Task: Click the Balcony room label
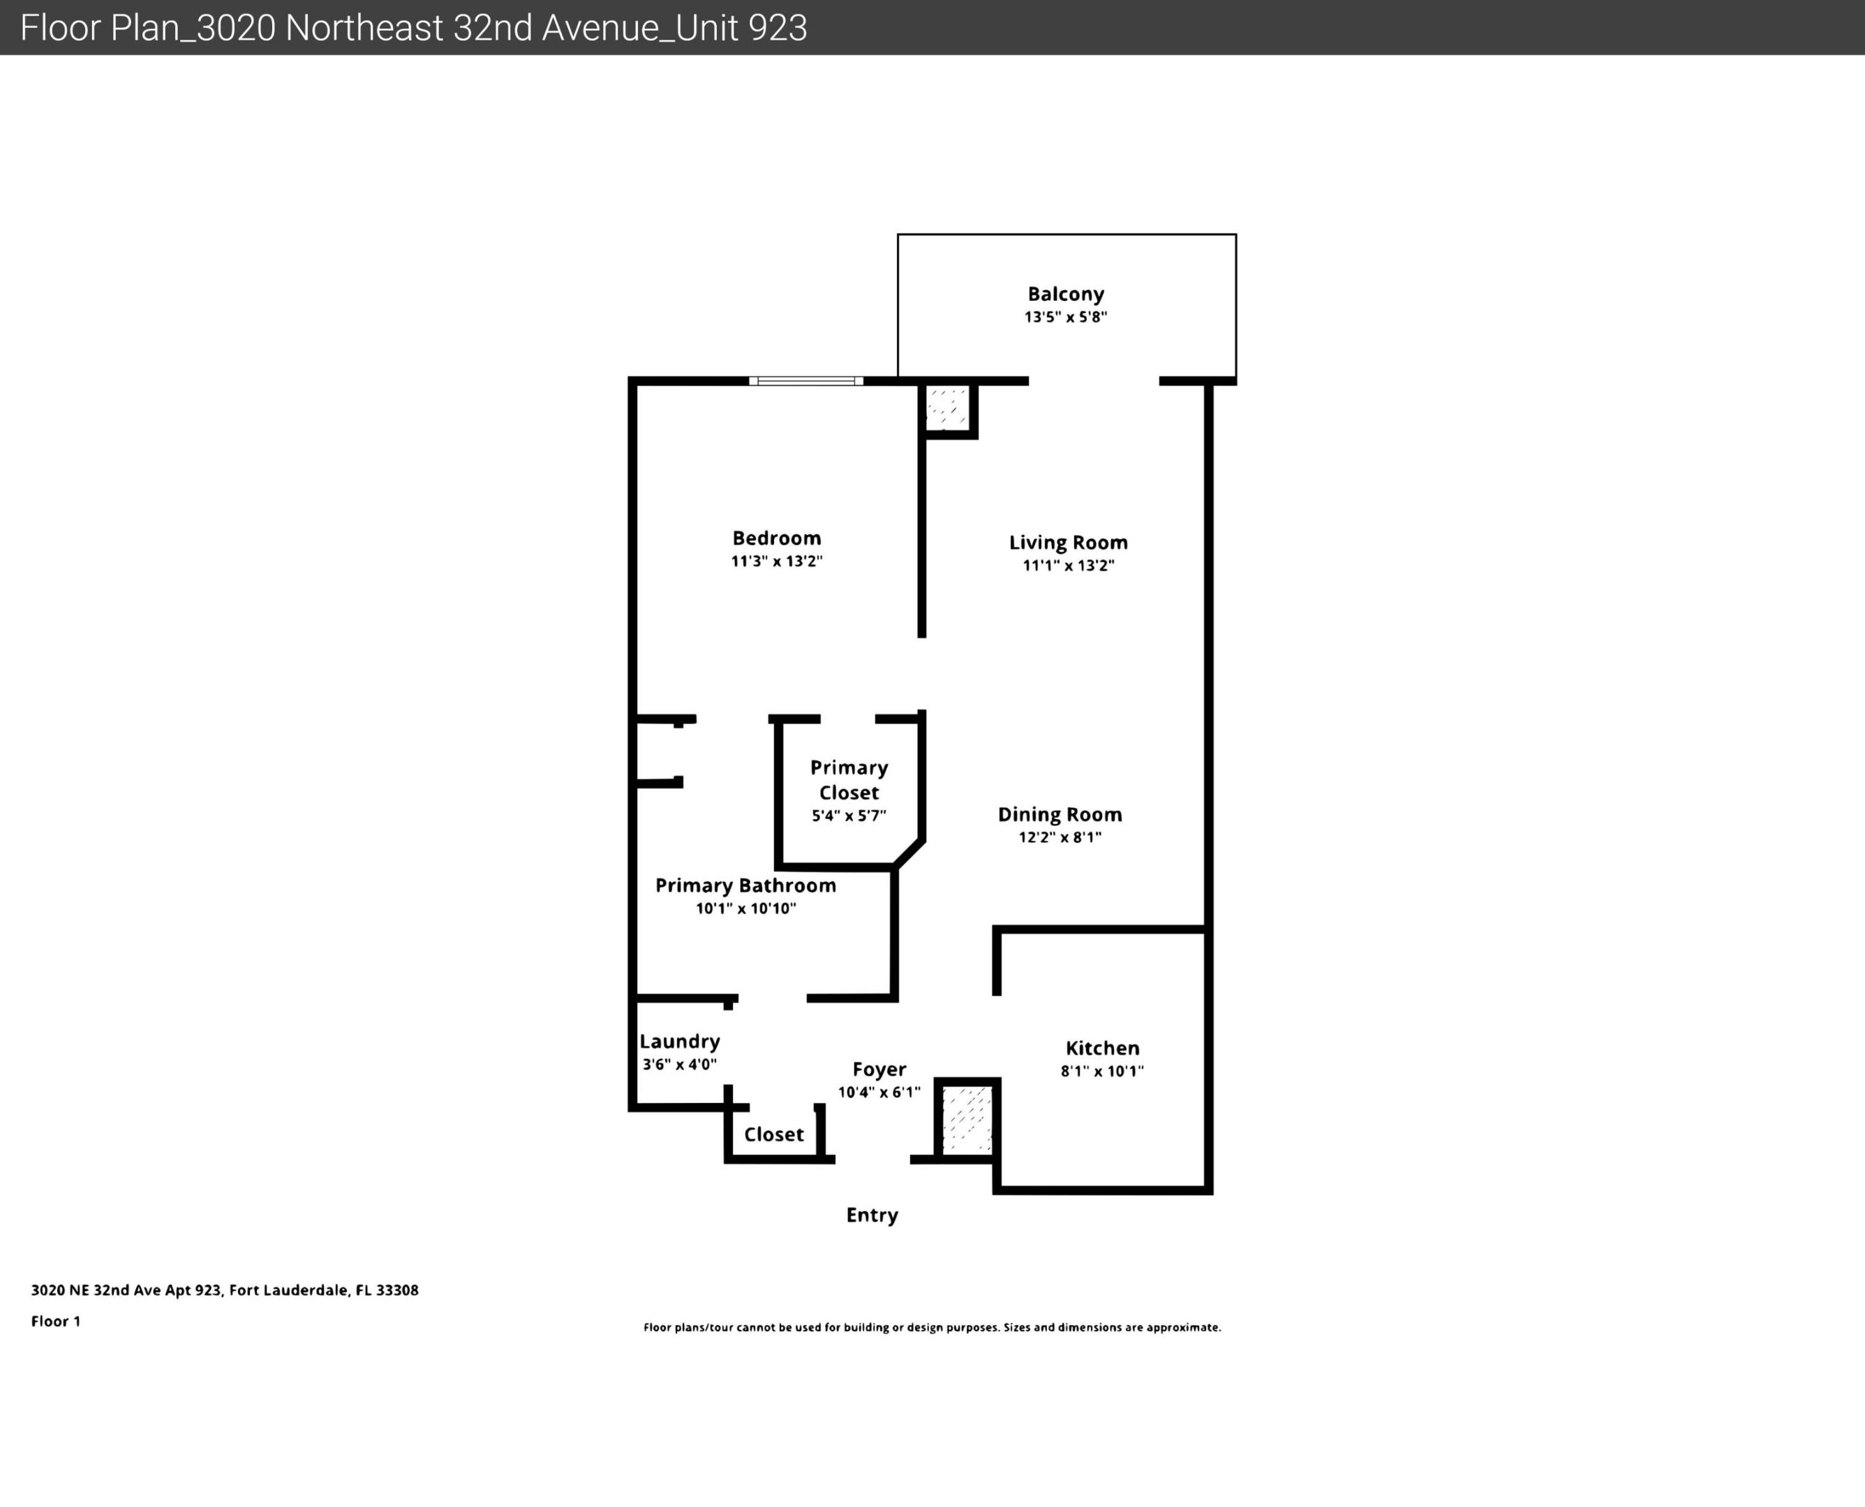tap(1065, 294)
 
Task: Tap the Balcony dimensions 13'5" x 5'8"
tap(1065, 317)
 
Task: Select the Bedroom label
tap(776, 538)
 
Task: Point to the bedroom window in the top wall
tap(805, 381)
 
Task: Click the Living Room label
tap(1068, 543)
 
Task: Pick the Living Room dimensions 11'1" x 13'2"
tap(1068, 566)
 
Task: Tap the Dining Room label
tap(1060, 814)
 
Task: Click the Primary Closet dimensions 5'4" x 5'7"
tap(848, 816)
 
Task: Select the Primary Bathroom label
tap(745, 885)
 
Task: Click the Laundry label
tap(680, 1042)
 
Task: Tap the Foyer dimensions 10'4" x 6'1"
tap(879, 1092)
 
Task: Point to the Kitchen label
tap(1102, 1048)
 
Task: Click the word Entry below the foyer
tap(872, 1215)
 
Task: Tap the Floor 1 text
tap(56, 1321)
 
